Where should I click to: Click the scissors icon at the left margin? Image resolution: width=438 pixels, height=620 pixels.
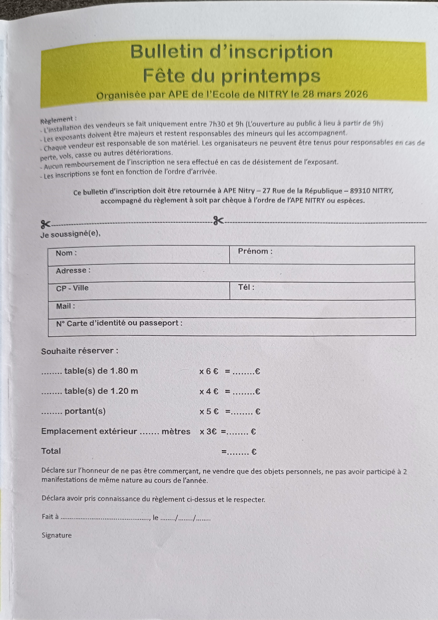pos(46,224)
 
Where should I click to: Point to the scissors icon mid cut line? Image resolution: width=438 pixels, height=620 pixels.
pos(218,221)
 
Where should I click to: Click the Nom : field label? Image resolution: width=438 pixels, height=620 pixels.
pos(66,253)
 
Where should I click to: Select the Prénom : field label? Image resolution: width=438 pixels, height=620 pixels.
pos(255,251)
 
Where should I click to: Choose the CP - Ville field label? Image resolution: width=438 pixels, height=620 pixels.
pos(72,288)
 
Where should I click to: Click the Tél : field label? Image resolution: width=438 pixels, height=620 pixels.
pos(246,287)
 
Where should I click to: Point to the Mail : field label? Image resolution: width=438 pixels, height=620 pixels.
pos(65,306)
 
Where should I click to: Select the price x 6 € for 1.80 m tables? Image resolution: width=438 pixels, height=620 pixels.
pos(208,371)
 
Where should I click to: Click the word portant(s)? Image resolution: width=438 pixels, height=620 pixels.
pos(85,411)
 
